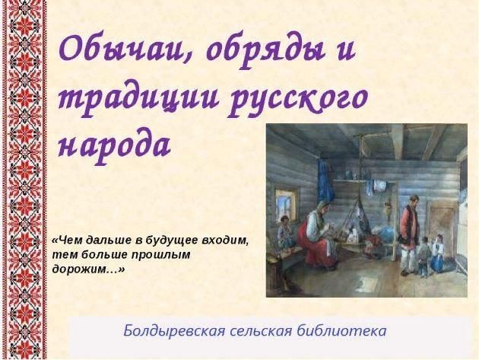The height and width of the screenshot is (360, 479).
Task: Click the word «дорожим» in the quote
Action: point(84,269)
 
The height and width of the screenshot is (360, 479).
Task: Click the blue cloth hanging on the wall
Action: point(326,183)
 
